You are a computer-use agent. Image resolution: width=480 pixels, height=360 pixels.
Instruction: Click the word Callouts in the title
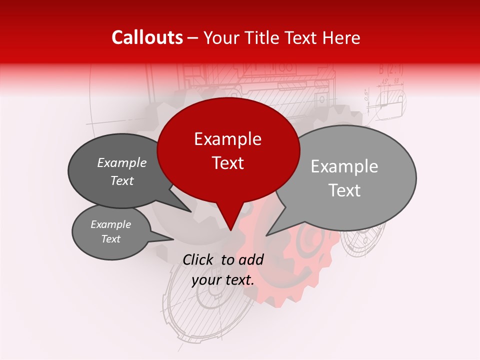click(x=147, y=37)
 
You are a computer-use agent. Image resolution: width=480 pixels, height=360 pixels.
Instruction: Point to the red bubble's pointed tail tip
click(x=230, y=230)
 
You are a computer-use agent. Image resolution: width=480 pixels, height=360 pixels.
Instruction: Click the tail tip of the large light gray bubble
click(x=266, y=235)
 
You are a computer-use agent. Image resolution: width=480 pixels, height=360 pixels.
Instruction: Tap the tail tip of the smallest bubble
click(x=173, y=239)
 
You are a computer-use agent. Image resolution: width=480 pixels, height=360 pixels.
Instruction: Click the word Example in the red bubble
click(x=227, y=139)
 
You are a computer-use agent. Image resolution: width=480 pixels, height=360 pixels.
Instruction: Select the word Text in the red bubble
click(x=228, y=163)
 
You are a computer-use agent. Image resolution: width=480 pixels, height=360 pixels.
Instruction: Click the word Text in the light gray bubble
click(x=345, y=190)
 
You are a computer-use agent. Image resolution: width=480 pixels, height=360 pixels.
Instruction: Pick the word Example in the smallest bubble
click(x=111, y=224)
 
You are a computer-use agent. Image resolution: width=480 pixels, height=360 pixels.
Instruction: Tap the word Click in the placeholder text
click(x=199, y=259)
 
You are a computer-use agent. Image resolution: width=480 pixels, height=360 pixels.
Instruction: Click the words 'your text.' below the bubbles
click(x=223, y=280)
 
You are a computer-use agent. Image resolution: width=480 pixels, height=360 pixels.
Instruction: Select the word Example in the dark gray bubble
click(x=122, y=163)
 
